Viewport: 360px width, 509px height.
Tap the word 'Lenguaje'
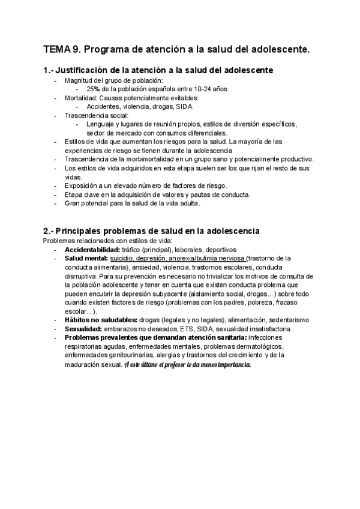pos(100,124)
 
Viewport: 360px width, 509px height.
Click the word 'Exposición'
pos(80,185)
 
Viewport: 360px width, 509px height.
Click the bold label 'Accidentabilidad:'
pos(92,249)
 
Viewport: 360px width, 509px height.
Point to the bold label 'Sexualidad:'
pos(83,329)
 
